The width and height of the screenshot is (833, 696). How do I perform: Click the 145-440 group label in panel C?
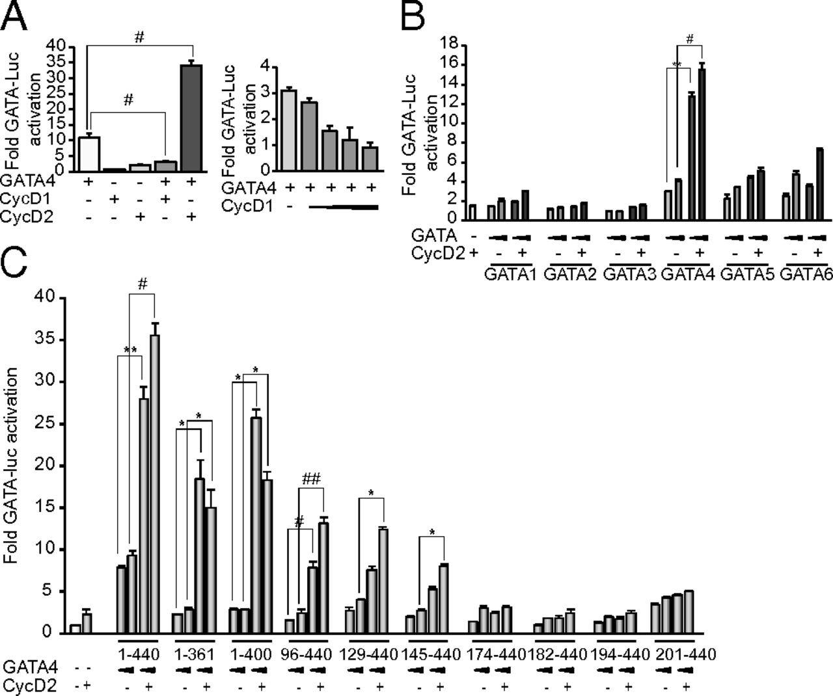[428, 654]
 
